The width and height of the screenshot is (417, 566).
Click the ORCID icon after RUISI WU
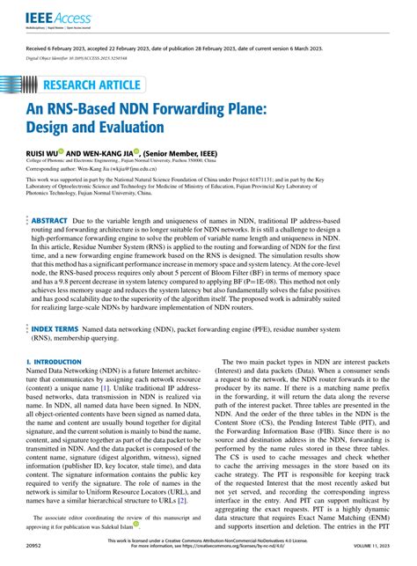[x=74, y=152]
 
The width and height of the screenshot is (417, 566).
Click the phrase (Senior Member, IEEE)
[x=191, y=153]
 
